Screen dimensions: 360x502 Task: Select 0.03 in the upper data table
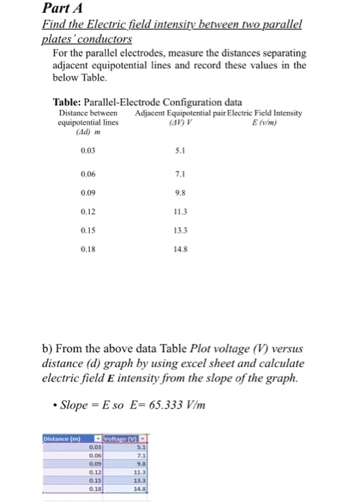(87, 151)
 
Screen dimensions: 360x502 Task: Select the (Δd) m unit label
(72, 132)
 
